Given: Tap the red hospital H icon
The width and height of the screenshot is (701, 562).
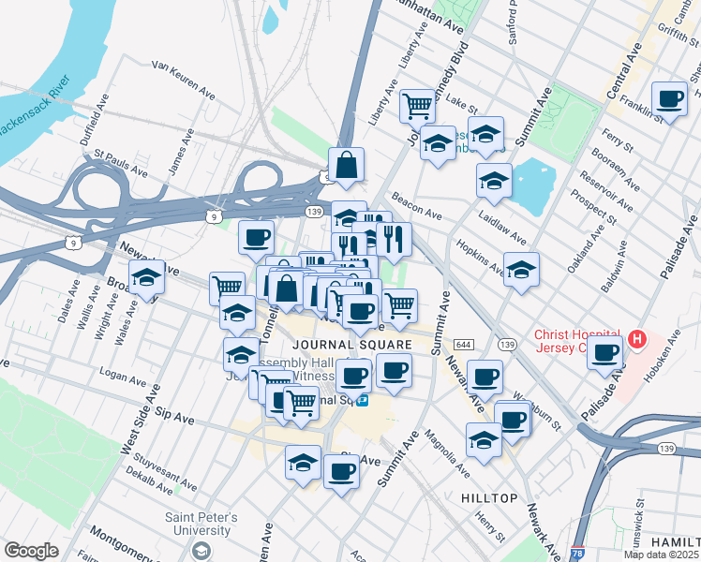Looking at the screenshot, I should pyautogui.click(x=637, y=338).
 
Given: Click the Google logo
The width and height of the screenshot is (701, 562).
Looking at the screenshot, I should pyautogui.click(x=31, y=551).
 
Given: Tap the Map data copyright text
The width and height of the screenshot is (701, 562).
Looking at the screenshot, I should pyautogui.click(x=662, y=555).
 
